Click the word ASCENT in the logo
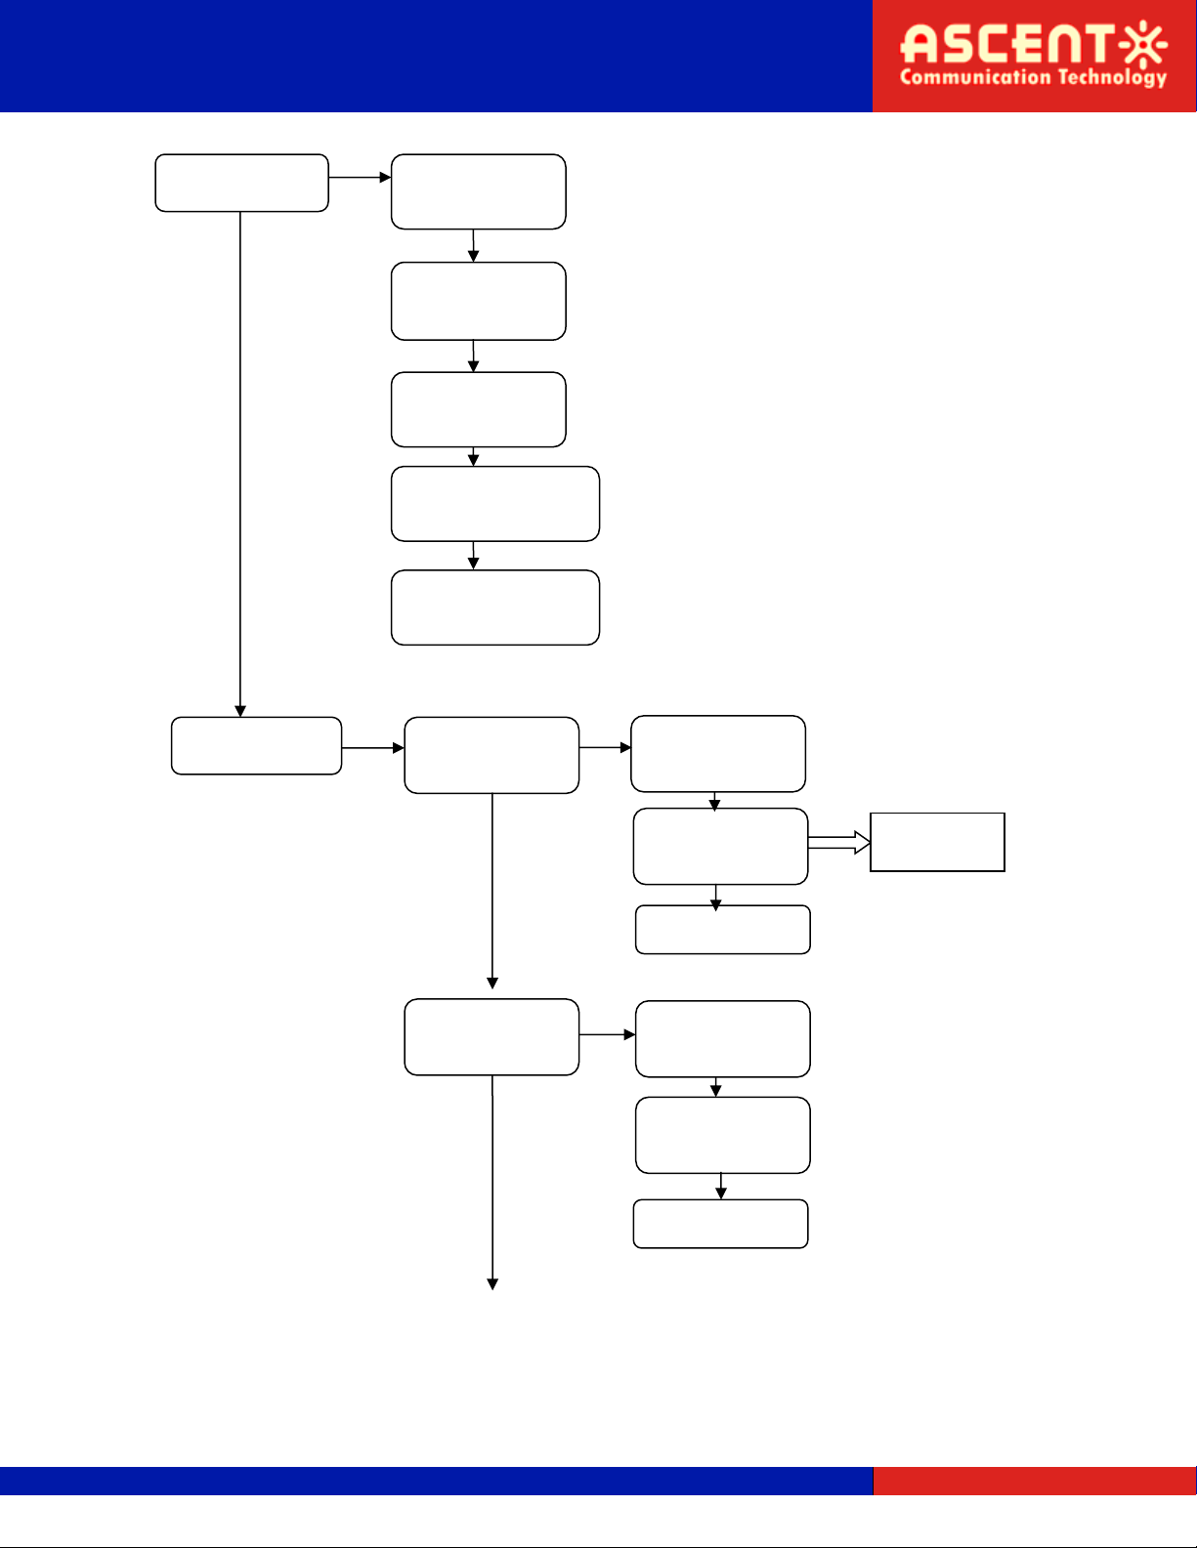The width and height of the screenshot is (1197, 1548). point(1007,43)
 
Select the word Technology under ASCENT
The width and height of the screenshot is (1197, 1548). point(1112,78)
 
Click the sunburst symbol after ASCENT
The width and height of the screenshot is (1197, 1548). point(1143,44)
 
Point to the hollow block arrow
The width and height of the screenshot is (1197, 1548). point(838,843)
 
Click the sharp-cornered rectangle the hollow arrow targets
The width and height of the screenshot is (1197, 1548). point(937,842)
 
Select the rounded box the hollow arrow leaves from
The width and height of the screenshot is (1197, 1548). point(720,847)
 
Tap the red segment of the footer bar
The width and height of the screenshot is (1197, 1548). point(1035,1481)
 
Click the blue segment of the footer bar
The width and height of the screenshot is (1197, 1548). point(436,1481)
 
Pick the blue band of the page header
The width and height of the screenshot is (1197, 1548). point(436,56)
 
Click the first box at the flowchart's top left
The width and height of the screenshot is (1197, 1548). point(241,183)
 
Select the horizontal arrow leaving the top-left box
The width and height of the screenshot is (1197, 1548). point(360,178)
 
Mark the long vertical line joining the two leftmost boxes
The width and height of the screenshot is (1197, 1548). point(240,464)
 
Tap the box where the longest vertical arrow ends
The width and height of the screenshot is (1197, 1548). point(256,746)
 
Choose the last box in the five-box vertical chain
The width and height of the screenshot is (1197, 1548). point(495,607)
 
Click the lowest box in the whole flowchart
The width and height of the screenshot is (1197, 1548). point(720,1224)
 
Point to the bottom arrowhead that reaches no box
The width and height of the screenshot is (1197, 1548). point(492,1283)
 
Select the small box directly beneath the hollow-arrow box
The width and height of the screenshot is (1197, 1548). point(722,930)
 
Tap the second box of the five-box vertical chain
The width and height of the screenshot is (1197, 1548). point(478,302)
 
